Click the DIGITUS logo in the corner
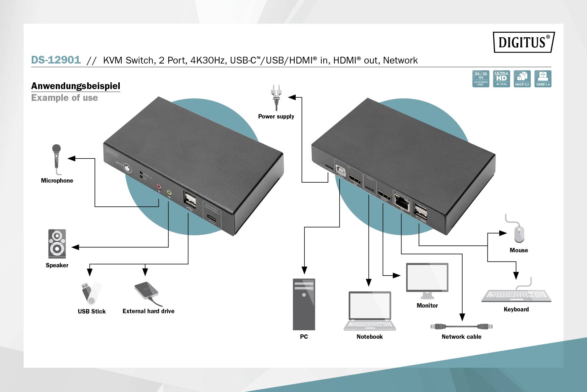point(524,42)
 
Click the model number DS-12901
point(56,60)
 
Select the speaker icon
point(57,244)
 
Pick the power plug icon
point(276,97)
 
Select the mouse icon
point(519,234)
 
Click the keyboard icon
point(517,295)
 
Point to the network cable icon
point(461,326)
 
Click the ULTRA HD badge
point(501,79)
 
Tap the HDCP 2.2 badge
point(522,79)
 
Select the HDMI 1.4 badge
point(543,79)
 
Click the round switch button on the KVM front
point(127,169)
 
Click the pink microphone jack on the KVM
point(159,186)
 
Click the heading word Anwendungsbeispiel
point(76,86)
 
